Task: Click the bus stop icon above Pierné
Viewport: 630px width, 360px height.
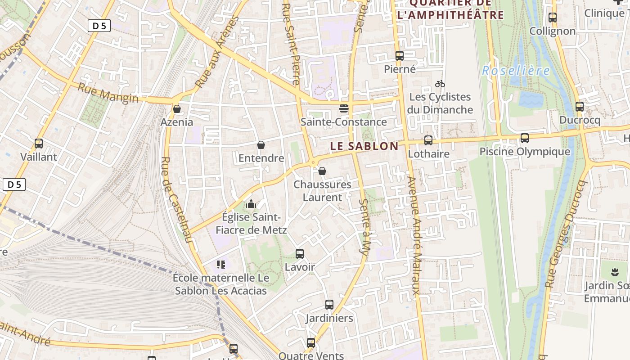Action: [x=399, y=56]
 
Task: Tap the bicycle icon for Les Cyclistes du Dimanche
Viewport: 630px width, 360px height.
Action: [x=440, y=84]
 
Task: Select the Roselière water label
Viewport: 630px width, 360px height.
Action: [x=516, y=71]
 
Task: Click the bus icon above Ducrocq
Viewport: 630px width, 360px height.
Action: [x=580, y=107]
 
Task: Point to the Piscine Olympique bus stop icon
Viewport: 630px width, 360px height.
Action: [x=525, y=138]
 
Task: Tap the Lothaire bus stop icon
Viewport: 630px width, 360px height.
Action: [x=428, y=140]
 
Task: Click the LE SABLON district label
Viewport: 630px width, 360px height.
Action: [x=364, y=146]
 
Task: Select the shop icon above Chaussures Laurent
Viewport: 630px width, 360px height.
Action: [x=322, y=171]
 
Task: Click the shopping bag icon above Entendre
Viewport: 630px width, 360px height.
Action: [x=261, y=145]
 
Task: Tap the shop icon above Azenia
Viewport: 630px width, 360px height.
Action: [x=177, y=109]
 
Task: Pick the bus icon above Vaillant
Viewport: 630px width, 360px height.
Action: [x=39, y=144]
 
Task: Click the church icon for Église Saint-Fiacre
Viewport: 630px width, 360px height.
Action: [x=251, y=204]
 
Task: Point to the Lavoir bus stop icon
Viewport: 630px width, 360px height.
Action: [x=300, y=254]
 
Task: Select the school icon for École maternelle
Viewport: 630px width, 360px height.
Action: [x=220, y=264]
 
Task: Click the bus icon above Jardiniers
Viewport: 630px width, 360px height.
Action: [x=329, y=305]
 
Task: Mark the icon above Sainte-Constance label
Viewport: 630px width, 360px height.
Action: [x=344, y=108]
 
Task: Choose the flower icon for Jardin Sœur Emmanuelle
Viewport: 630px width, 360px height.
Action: [x=614, y=272]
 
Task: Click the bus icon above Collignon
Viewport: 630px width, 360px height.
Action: [x=553, y=18]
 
